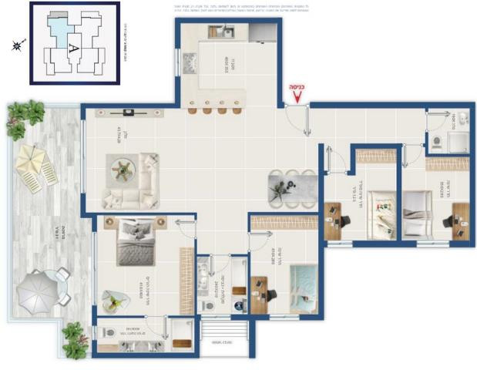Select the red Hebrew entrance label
296,87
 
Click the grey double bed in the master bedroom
137,243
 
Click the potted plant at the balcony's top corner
24,116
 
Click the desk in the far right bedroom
460,220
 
